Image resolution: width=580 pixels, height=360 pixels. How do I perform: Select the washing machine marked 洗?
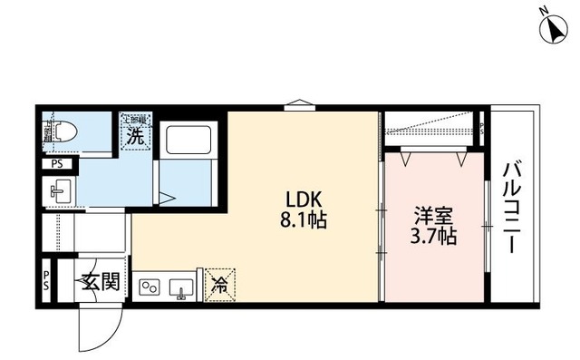pyautogui.click(x=135, y=135)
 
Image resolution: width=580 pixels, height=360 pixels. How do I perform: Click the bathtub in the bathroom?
pyautogui.click(x=189, y=141)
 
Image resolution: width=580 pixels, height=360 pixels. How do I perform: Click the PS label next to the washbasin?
pyautogui.click(x=57, y=164)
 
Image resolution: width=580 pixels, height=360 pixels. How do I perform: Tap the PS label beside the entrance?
pyautogui.click(x=46, y=280)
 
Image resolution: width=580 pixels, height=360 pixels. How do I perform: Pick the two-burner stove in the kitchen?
pyautogui.click(x=149, y=287)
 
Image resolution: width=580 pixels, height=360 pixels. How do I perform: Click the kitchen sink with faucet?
pyautogui.click(x=180, y=287)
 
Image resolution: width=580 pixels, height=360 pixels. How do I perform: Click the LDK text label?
pyautogui.click(x=304, y=199)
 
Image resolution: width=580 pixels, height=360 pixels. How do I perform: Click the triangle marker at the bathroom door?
pyautogui.click(x=166, y=197)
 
